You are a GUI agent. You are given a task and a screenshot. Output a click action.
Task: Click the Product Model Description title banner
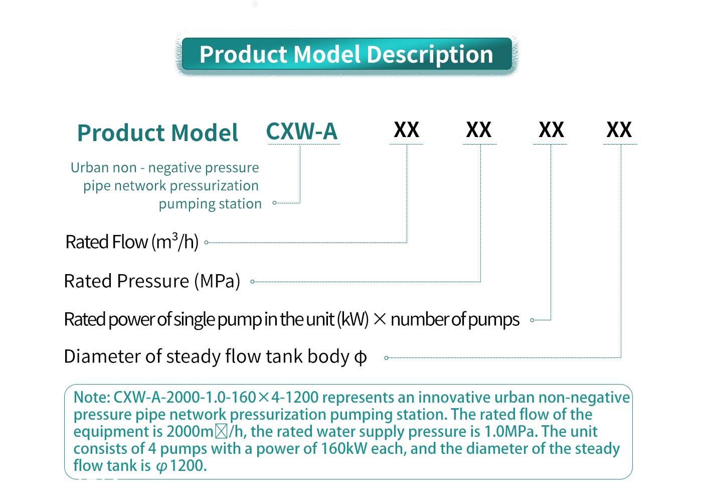346,54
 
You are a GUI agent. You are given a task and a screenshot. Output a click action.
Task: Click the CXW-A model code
302,132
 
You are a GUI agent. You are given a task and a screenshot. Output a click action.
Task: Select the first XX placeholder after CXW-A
406,130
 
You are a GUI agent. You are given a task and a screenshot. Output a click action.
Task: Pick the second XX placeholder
478,130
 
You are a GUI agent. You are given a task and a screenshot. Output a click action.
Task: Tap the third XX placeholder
551,130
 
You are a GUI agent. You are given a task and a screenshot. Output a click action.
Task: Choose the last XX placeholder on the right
619,130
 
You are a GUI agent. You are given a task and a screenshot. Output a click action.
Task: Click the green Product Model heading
157,133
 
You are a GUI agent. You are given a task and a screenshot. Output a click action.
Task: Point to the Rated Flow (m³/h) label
132,242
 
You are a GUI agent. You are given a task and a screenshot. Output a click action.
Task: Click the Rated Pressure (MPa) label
152,281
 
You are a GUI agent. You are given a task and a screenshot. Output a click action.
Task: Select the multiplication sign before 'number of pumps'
380,319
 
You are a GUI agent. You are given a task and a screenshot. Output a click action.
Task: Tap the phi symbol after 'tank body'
361,357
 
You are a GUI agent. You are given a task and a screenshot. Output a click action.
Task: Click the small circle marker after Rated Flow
206,242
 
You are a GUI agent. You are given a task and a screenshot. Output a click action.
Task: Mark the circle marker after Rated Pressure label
252,282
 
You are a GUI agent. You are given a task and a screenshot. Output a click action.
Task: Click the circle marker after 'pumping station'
274,203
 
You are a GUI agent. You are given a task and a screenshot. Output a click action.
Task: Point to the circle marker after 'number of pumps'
532,320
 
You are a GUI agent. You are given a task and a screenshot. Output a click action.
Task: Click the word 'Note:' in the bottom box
92,398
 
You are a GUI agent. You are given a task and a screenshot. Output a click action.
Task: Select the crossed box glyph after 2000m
221,431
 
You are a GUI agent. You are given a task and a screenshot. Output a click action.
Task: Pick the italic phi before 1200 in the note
161,466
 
